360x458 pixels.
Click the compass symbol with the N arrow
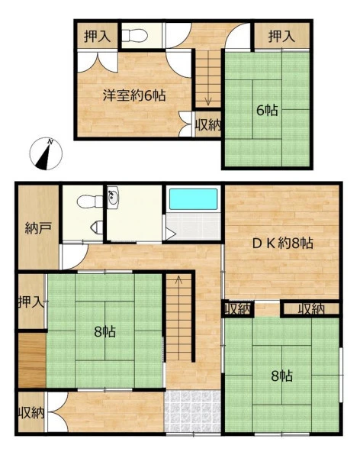(46, 153)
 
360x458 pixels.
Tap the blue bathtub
(194, 199)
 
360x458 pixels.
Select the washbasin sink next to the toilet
(112, 197)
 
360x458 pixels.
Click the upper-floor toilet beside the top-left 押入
(133, 36)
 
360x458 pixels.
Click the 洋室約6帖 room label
(134, 95)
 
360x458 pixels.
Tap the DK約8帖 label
(283, 243)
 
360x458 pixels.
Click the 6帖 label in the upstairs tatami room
(267, 110)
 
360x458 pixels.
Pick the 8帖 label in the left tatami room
(104, 331)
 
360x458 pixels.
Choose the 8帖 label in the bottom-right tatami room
(281, 376)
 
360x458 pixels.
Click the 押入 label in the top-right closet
(281, 36)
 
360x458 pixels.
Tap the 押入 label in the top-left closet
(97, 36)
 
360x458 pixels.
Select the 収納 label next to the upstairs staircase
(208, 125)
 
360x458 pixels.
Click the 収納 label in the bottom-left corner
(31, 413)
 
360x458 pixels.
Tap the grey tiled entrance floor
(193, 411)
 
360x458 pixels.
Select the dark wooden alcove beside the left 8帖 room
(32, 360)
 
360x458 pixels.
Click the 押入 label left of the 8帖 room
(31, 302)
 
